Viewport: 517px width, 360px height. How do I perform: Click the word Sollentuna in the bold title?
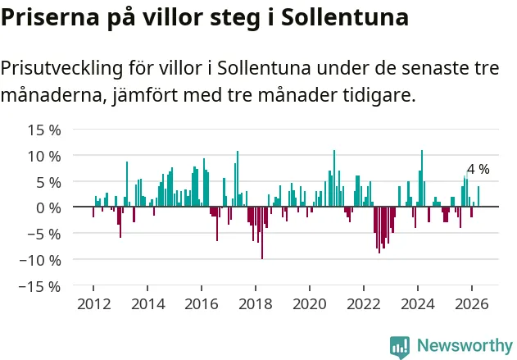click(345, 17)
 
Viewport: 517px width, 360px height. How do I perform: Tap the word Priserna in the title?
click(50, 17)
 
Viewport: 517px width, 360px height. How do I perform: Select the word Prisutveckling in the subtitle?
click(61, 69)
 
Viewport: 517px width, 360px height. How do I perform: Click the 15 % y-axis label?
click(44, 130)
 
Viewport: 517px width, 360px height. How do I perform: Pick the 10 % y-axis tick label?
click(44, 156)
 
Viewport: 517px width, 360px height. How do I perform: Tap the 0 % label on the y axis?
click(48, 208)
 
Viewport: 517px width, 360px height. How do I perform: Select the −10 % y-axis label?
click(40, 260)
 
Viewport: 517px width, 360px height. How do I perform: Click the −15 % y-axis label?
click(40, 286)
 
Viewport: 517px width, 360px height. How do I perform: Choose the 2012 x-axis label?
click(94, 304)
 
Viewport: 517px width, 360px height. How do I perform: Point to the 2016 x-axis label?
click(202, 304)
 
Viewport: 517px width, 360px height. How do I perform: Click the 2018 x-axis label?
click(256, 304)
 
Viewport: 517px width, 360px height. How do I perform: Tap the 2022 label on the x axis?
click(364, 304)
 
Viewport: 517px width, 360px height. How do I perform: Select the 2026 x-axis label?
click(472, 304)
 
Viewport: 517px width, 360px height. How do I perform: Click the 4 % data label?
click(478, 169)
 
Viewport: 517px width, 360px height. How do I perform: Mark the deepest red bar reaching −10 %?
click(262, 233)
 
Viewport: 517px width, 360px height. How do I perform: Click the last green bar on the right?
click(478, 196)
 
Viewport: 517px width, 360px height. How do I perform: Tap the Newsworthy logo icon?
click(400, 347)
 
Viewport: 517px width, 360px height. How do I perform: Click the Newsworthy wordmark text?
click(465, 346)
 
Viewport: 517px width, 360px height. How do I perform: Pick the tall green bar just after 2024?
click(422, 179)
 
